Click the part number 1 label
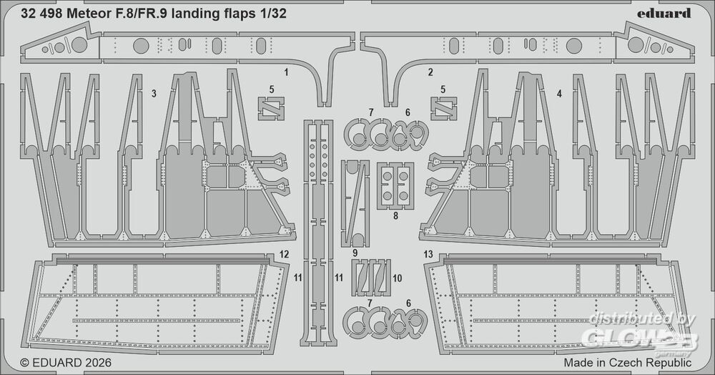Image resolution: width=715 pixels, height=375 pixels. pyautogui.click(x=286, y=73)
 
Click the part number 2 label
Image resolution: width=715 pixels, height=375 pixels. pyautogui.click(x=430, y=73)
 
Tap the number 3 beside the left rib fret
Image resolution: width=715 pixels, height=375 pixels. pyautogui.click(x=154, y=94)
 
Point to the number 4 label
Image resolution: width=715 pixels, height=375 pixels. pyautogui.click(x=559, y=94)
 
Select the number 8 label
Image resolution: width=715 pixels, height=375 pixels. pyautogui.click(x=395, y=215)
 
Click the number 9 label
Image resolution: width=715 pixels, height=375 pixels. pyautogui.click(x=355, y=253)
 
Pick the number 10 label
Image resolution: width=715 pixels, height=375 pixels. pyautogui.click(x=398, y=277)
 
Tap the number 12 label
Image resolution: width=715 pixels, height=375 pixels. pyautogui.click(x=284, y=254)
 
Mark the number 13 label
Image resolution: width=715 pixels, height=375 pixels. pyautogui.click(x=428, y=254)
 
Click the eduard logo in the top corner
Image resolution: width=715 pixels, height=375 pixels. pyautogui.click(x=664, y=13)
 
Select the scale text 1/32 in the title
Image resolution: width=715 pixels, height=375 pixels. pyautogui.click(x=275, y=13)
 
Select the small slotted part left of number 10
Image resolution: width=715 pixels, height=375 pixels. pyautogui.click(x=372, y=276)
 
